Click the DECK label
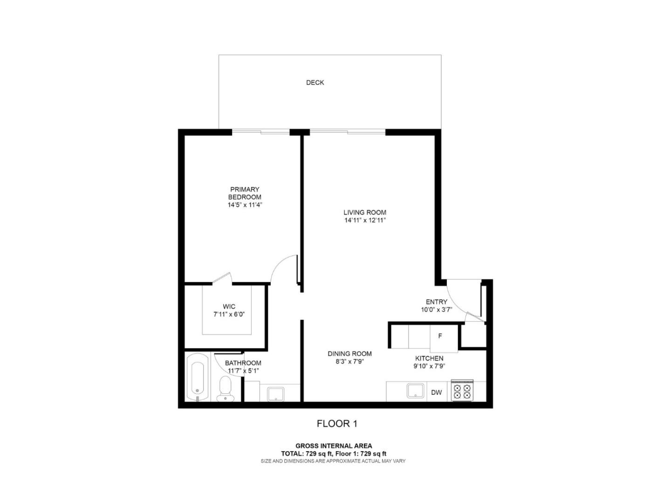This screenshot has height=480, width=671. [315, 83]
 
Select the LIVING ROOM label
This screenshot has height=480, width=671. [365, 212]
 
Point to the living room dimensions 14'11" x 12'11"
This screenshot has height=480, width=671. [365, 220]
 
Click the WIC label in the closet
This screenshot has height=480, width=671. [229, 306]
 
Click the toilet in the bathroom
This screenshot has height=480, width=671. [225, 389]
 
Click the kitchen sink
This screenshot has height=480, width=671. [415, 390]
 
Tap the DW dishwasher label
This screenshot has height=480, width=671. [436, 392]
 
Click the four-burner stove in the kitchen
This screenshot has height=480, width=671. [462, 391]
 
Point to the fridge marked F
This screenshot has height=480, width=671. [440, 336]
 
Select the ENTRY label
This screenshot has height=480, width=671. [437, 302]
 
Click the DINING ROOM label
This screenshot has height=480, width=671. [349, 354]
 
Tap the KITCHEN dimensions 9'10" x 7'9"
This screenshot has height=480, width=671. [429, 366]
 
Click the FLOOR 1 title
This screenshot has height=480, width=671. [337, 424]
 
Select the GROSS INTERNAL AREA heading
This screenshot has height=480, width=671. [334, 446]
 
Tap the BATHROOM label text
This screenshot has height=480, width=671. [243, 363]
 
